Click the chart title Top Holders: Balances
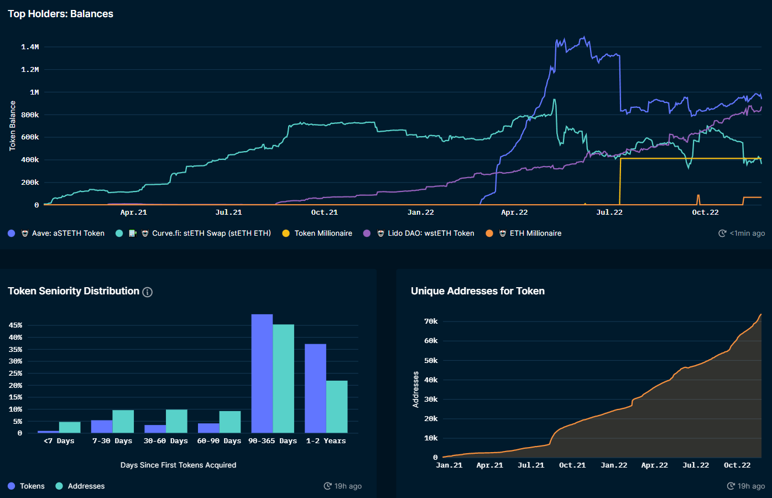[x=60, y=14]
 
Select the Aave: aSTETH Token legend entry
[x=67, y=234]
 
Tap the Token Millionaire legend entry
[x=323, y=234]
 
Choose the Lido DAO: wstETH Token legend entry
[x=430, y=234]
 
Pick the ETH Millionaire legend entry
[x=535, y=234]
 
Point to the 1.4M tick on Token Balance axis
[x=30, y=47]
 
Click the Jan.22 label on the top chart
[x=420, y=212]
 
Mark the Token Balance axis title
[x=12, y=126]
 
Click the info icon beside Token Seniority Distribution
[x=148, y=292]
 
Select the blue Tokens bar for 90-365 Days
[x=262, y=373]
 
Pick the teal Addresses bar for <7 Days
[x=70, y=427]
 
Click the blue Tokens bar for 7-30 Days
[x=102, y=427]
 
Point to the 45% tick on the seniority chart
[x=15, y=325]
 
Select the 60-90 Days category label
[x=219, y=441]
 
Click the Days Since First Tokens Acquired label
[x=178, y=465]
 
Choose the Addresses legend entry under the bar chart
[x=86, y=486]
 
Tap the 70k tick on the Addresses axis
[x=431, y=321]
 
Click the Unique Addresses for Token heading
[x=477, y=291]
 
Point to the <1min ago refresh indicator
[x=747, y=234]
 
